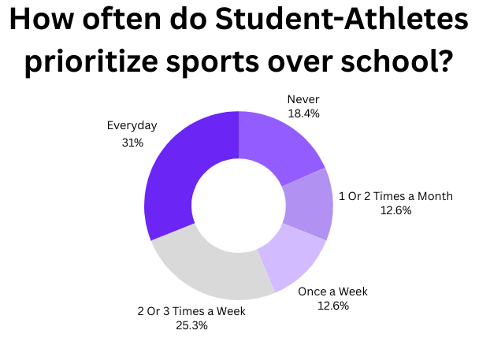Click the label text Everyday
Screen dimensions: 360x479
(x=132, y=125)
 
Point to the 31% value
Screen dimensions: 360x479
(x=132, y=143)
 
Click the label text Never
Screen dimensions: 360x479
(x=303, y=100)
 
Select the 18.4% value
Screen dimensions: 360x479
(x=303, y=114)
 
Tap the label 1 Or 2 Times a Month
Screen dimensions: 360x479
(x=395, y=195)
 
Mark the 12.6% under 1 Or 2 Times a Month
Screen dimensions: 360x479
(x=395, y=210)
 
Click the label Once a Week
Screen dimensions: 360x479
(x=332, y=291)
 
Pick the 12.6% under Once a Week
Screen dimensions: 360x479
(x=332, y=306)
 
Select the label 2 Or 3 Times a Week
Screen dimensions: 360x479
(x=191, y=311)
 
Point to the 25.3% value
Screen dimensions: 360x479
(x=191, y=325)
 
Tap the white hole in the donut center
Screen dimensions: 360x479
(x=239, y=206)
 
